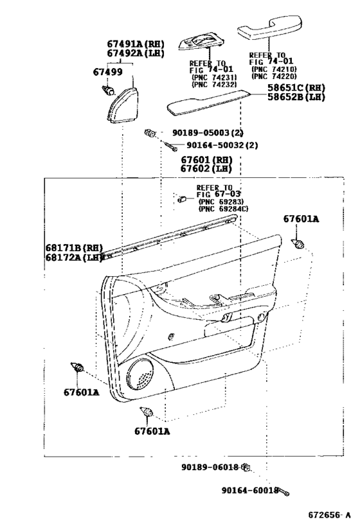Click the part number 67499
[107, 72]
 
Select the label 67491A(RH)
[136, 44]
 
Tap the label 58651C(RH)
[296, 88]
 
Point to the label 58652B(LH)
[296, 97]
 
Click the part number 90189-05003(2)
[208, 133]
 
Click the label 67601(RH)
[206, 160]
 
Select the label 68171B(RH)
[74, 248]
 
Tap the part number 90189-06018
[210, 467]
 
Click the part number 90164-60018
[250, 491]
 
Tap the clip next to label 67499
[108, 89]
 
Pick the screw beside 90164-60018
[284, 492]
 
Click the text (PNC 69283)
[221, 202]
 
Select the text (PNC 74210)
[274, 69]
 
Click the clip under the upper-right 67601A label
[298, 244]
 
